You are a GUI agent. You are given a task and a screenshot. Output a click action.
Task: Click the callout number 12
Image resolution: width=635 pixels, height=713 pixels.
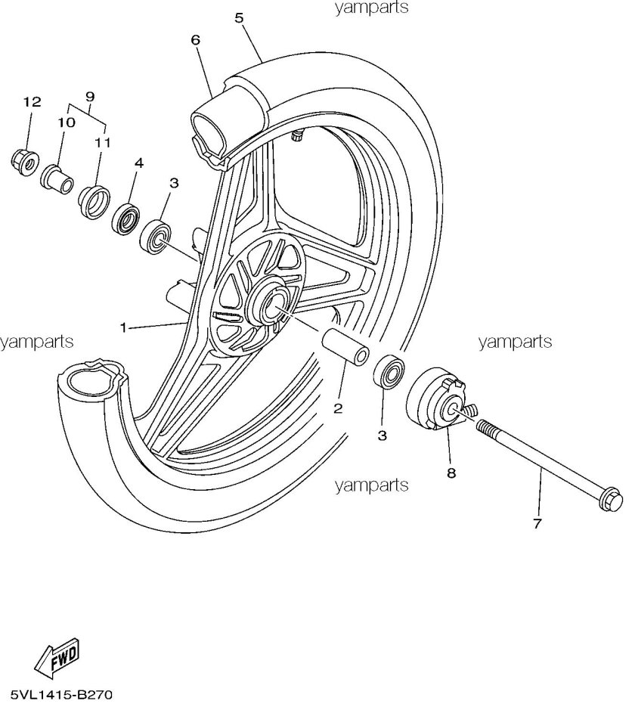(x=32, y=102)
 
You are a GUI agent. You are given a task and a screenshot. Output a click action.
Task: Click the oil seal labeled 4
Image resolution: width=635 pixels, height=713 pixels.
(x=125, y=219)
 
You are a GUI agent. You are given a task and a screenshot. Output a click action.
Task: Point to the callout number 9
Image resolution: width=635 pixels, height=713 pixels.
(x=90, y=97)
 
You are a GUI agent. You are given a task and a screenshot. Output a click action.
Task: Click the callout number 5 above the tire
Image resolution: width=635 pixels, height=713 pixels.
(x=240, y=18)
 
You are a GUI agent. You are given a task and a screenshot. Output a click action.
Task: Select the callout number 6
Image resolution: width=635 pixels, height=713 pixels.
(x=195, y=39)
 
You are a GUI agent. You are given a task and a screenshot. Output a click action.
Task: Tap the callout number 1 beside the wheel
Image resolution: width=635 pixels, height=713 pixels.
(x=122, y=327)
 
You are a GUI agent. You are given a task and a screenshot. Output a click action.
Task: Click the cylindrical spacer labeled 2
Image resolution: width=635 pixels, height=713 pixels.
(x=345, y=349)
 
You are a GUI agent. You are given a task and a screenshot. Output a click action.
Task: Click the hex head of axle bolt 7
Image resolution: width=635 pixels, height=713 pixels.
(x=610, y=502)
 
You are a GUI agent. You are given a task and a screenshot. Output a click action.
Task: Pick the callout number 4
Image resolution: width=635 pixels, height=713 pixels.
(x=139, y=163)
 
